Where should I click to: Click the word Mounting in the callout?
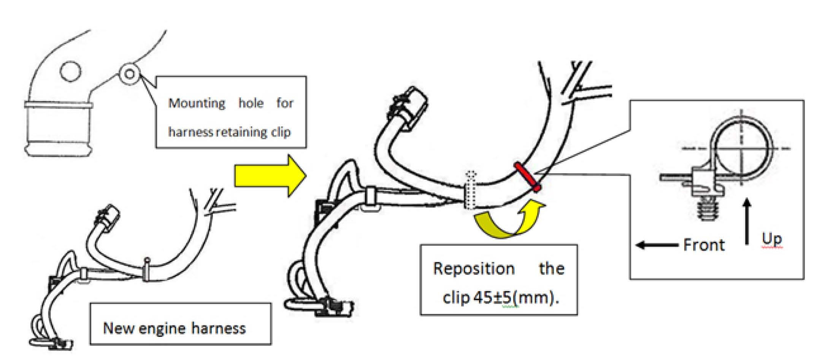pos(197,103)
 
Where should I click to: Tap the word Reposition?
pos(474,269)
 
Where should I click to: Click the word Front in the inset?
pos(704,245)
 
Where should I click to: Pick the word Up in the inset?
pos(772,239)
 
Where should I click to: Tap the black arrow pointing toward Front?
pos(657,245)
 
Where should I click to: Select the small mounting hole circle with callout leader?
pos(130,73)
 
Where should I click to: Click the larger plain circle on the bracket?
pos(70,71)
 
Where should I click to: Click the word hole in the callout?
pos(251,103)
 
